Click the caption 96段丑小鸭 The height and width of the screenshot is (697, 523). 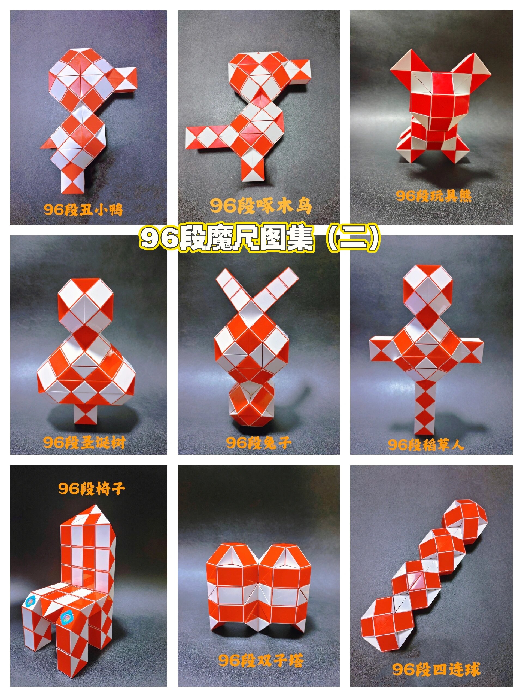[83, 210]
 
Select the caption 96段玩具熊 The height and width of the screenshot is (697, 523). [433, 196]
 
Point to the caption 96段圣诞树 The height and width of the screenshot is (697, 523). [84, 442]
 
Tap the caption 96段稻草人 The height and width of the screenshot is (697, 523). [425, 445]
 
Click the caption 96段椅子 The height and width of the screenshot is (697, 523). [92, 488]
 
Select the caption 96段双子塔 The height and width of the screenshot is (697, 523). [261, 661]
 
